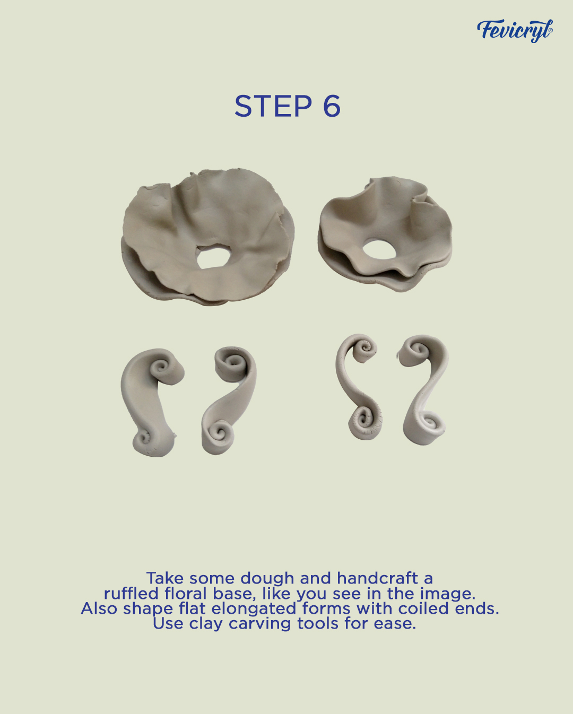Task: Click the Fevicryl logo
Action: point(515,31)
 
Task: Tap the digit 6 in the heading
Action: point(332,106)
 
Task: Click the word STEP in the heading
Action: point(273,106)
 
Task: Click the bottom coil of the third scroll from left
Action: point(364,421)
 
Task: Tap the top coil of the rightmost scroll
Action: point(419,351)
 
